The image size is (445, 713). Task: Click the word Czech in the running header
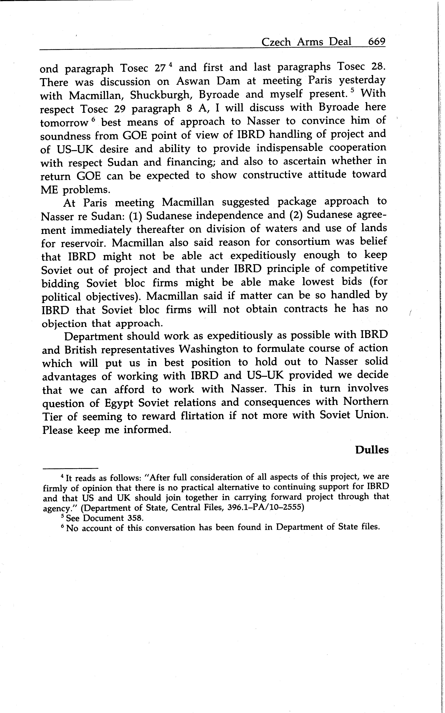point(276,42)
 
